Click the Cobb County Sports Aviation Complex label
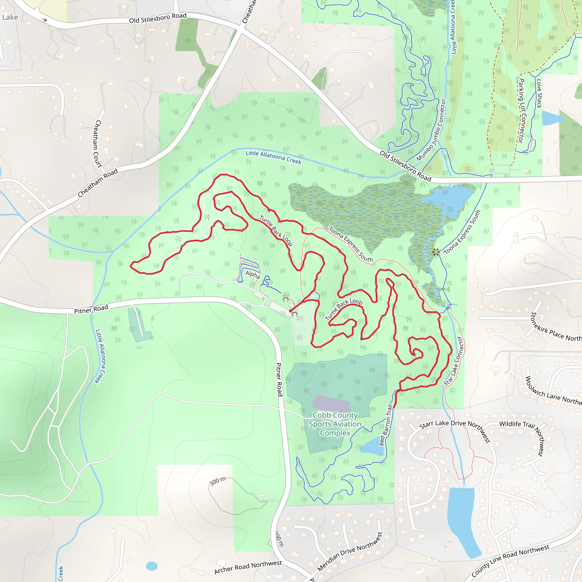click(335, 424)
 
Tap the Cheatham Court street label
click(98, 144)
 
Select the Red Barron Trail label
click(386, 425)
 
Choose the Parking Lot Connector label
click(522, 111)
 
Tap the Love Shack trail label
click(539, 93)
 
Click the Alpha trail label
click(252, 275)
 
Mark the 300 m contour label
click(217, 481)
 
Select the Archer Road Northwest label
click(248, 567)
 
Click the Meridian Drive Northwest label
click(350, 552)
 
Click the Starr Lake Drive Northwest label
click(455, 430)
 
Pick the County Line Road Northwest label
click(510, 561)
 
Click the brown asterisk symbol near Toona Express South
click(436, 252)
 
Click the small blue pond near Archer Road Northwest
click(151, 566)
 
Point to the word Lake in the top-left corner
click(10, 17)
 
